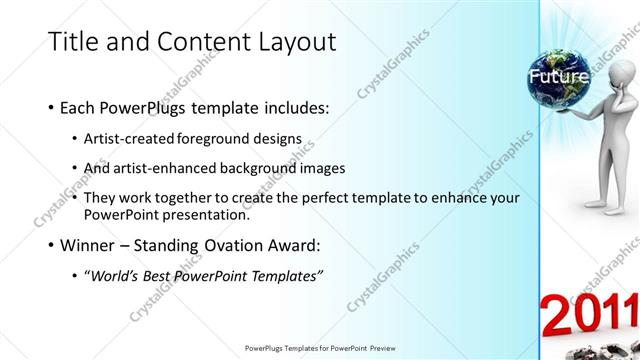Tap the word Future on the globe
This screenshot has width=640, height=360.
point(559,76)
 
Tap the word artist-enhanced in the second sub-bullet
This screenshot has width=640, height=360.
point(171,167)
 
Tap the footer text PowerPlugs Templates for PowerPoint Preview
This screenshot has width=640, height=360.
point(320,348)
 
